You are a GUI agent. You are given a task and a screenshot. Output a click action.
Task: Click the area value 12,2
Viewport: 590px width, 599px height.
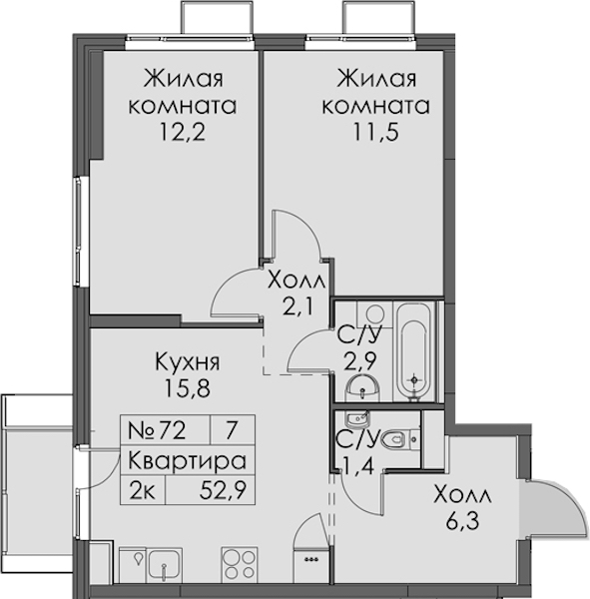[x=183, y=133]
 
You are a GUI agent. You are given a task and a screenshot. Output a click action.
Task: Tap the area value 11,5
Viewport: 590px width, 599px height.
[x=376, y=133]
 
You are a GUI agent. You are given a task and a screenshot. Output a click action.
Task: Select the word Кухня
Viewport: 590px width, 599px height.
[x=188, y=361]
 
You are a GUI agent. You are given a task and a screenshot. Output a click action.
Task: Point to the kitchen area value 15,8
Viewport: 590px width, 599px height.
[x=188, y=388]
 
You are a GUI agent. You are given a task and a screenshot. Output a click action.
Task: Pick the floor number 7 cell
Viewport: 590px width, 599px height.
[x=231, y=430]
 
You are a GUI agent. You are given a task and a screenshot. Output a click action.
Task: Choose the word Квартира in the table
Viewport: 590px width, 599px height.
[x=187, y=461]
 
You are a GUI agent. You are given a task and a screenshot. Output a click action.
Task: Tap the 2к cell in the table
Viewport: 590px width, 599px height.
[x=142, y=490]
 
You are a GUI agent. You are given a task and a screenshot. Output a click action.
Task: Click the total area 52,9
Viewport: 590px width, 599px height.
[x=223, y=490]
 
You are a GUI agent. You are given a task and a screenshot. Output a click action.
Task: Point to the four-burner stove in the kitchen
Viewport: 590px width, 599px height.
[x=239, y=564]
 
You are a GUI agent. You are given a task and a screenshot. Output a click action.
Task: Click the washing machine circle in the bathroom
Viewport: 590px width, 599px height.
[x=374, y=314]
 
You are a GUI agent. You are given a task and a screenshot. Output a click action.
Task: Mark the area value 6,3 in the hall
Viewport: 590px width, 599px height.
[x=462, y=522]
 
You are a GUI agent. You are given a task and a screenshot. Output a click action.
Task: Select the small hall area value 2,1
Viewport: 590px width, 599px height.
[x=297, y=306]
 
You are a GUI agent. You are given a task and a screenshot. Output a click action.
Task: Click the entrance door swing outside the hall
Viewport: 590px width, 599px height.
[x=556, y=509]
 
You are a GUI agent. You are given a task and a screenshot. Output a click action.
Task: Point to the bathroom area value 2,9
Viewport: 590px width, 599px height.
[x=360, y=361]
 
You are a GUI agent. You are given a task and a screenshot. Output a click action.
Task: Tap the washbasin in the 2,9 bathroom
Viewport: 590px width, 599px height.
[x=362, y=387]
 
